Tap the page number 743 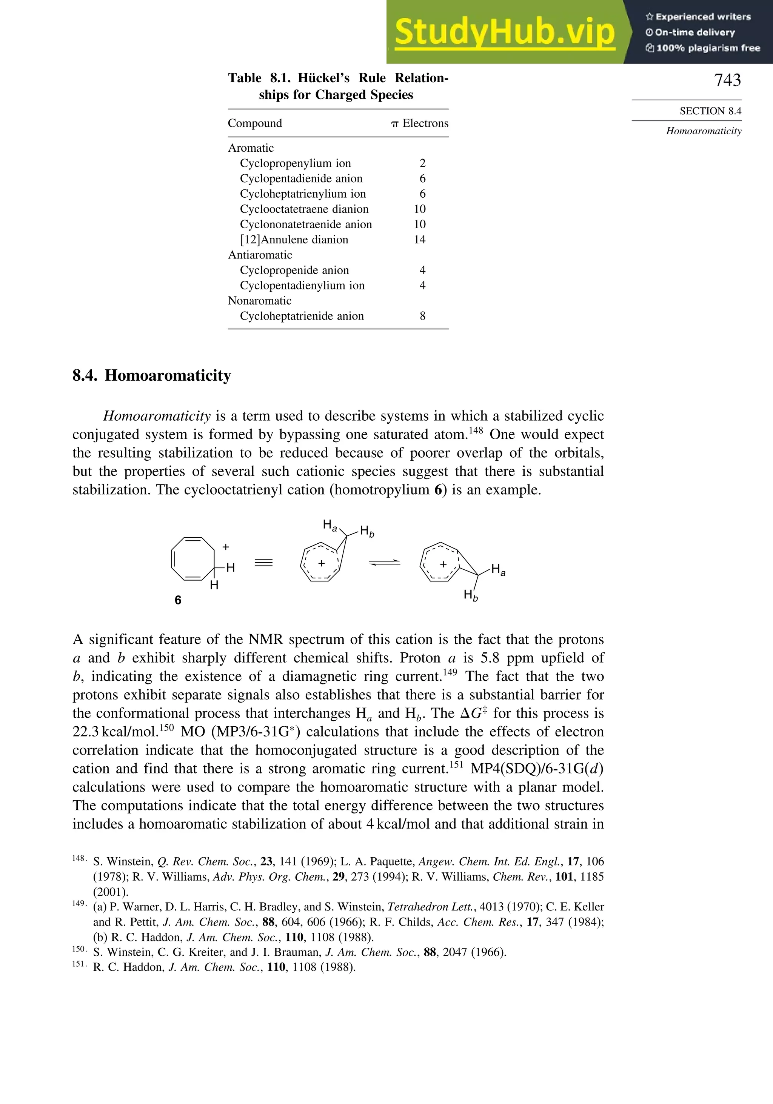coord(727,80)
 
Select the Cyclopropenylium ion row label coord(295,163)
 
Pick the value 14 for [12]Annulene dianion coord(419,240)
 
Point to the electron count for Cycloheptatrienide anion coord(422,316)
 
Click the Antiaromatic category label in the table coord(260,255)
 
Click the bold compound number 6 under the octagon coord(178,600)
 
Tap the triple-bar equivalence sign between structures coord(263,563)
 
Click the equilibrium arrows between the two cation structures coord(384,563)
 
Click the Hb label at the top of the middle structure coord(367,531)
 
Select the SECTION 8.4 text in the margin coord(710,111)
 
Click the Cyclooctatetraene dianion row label coord(304,209)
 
